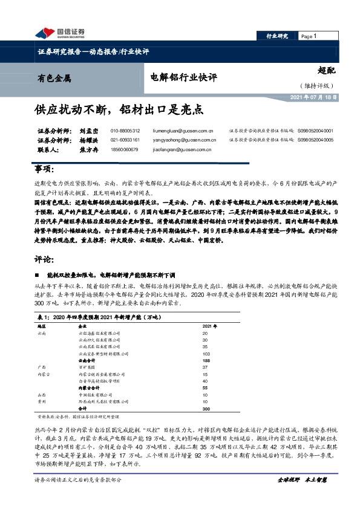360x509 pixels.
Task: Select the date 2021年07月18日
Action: pyautogui.click(x=313, y=97)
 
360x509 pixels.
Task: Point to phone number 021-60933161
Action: pyautogui.click(x=125, y=140)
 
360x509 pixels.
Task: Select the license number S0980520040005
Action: pyautogui.click(x=315, y=140)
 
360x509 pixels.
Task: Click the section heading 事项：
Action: pyautogui.click(x=45, y=167)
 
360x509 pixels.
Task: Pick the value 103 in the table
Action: pyautogui.click(x=206, y=355)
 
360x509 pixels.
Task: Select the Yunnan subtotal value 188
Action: pyautogui.click(x=206, y=361)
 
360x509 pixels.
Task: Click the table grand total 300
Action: pyautogui.click(x=206, y=409)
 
